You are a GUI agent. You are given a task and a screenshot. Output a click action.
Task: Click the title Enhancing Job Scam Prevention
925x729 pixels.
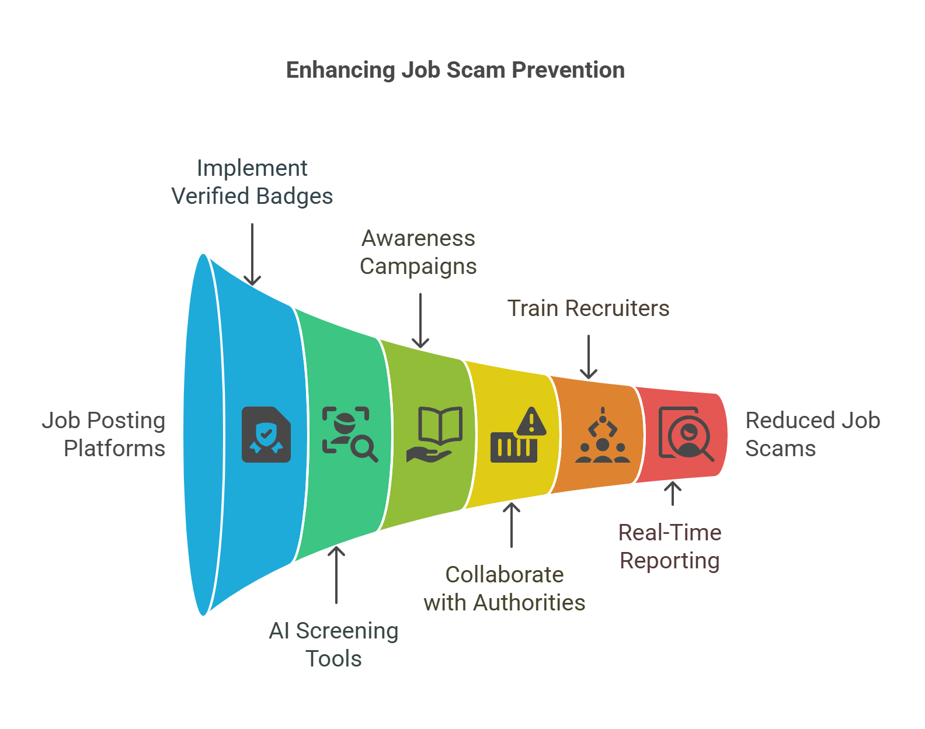pyautogui.click(x=455, y=70)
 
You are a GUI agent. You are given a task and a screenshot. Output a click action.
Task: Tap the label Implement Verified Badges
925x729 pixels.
pyautogui.click(x=252, y=182)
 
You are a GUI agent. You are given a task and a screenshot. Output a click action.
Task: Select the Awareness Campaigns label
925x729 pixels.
pyautogui.click(x=418, y=252)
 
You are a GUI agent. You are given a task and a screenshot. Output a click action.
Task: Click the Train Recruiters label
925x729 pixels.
pyautogui.click(x=589, y=308)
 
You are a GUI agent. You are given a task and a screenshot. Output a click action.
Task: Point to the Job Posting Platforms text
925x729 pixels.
pyautogui.click(x=103, y=435)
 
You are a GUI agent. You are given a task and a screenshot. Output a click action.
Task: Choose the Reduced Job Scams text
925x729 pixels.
pyautogui.click(x=813, y=435)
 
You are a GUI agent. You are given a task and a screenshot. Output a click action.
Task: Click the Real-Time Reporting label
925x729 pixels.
pyautogui.click(x=670, y=547)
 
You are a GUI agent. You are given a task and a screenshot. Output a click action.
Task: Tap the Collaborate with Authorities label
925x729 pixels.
pyautogui.click(x=504, y=589)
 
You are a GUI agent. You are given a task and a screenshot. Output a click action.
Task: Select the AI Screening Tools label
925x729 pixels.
pyautogui.click(x=334, y=645)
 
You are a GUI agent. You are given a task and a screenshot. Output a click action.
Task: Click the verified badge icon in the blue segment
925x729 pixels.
pyautogui.click(x=266, y=435)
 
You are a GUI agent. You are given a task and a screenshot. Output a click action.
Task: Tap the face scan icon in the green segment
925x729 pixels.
pyautogui.click(x=350, y=435)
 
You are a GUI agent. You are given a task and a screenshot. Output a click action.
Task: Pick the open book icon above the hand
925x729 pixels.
pyautogui.click(x=440, y=425)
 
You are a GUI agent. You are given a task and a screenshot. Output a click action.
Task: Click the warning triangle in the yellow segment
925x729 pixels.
pyautogui.click(x=531, y=421)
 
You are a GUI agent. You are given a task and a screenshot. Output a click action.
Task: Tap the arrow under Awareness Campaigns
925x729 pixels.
pyautogui.click(x=420, y=321)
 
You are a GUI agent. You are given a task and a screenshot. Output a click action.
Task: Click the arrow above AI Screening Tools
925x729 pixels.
pyautogui.click(x=336, y=575)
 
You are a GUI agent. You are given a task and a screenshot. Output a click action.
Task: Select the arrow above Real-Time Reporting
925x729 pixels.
pyautogui.click(x=673, y=494)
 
